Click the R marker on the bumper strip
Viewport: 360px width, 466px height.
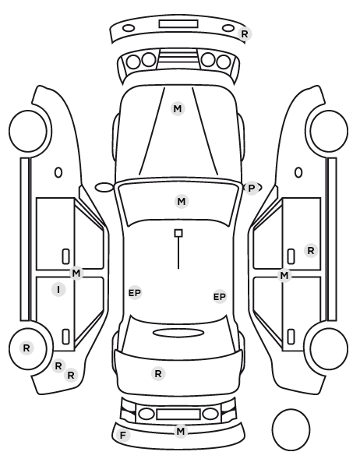click(245, 34)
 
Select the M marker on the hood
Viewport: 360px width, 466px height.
click(178, 109)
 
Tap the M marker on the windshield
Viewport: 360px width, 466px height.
click(182, 202)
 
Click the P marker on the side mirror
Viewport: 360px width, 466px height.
click(252, 188)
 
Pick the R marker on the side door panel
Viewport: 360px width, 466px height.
click(311, 251)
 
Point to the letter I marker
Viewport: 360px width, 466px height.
click(58, 289)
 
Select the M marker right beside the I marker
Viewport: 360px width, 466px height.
click(76, 273)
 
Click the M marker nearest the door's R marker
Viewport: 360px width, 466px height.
click(284, 276)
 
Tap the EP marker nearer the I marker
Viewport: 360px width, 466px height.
click(135, 293)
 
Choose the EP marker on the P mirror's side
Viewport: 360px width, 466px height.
click(220, 297)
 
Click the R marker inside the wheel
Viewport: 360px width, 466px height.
click(26, 348)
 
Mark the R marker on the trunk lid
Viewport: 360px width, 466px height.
click(158, 373)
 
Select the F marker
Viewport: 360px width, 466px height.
click(122, 436)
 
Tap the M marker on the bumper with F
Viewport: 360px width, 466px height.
click(181, 431)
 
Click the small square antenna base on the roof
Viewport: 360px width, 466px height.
click(178, 233)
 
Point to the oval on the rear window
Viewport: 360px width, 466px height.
click(178, 333)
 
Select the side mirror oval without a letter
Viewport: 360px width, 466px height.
click(104, 188)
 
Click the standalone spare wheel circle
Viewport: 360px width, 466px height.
click(291, 430)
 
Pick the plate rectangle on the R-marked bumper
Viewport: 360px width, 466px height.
click(178, 24)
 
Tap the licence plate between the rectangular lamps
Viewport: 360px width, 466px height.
click(178, 414)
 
